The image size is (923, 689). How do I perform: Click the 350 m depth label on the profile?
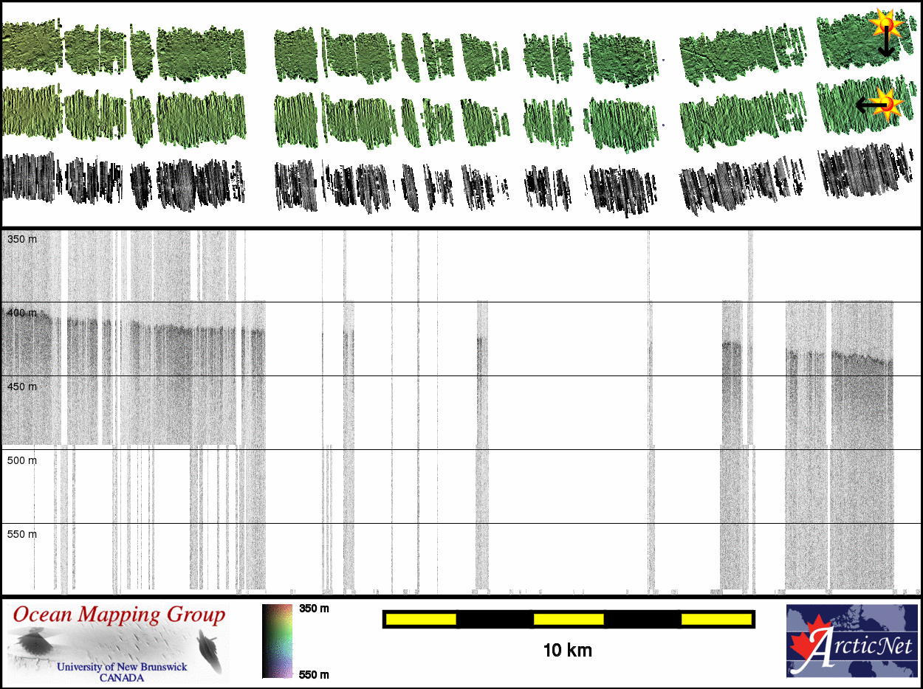point(21,240)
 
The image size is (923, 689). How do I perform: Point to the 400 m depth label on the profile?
point(21,314)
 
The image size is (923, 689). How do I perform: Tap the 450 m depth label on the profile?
point(21,387)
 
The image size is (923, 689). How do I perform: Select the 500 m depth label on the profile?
point(21,461)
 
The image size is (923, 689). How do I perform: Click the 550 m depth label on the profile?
point(21,534)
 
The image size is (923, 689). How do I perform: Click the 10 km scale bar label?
point(567,651)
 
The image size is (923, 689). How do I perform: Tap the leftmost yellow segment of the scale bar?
point(420,619)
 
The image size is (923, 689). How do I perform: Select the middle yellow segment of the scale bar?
point(569,619)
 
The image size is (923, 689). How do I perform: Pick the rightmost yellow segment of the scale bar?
point(716,619)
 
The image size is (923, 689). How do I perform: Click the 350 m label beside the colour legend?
point(314,609)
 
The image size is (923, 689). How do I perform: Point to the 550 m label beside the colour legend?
point(314,674)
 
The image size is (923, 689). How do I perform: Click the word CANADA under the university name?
point(123,677)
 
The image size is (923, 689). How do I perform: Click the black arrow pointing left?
point(867,106)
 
